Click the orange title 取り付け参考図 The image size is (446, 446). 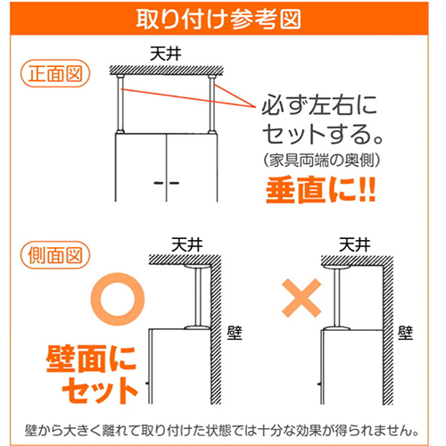(x=219, y=20)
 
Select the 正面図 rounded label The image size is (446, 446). (x=55, y=73)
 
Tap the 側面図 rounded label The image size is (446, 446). (x=55, y=255)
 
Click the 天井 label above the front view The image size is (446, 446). (x=166, y=54)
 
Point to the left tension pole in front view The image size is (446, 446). (x=120, y=104)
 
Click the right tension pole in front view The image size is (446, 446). (x=211, y=104)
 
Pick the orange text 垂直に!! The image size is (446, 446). (x=321, y=190)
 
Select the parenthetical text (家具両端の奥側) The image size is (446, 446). (x=322, y=161)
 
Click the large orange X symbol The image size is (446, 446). (x=301, y=298)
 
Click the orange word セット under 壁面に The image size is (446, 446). (x=100, y=391)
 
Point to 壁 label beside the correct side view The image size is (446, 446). (x=235, y=333)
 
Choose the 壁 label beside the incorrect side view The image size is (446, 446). (x=406, y=333)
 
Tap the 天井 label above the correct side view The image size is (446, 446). (x=187, y=244)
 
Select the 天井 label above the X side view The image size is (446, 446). (x=355, y=244)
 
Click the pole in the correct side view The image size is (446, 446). (x=198, y=297)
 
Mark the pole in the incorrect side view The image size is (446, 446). (x=337, y=297)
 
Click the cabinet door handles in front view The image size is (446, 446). (x=167, y=183)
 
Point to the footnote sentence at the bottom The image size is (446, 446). (x=221, y=431)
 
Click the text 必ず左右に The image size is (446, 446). (x=319, y=105)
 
